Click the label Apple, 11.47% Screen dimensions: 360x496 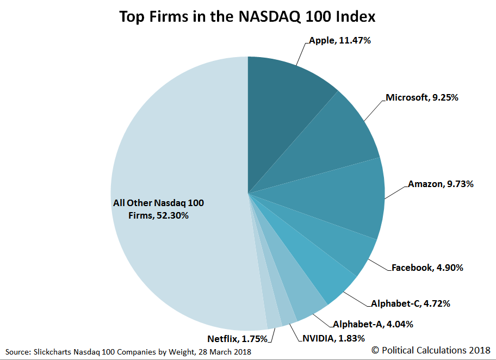[340, 40]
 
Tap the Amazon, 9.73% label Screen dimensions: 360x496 [441, 184]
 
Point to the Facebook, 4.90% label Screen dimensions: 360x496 [427, 268]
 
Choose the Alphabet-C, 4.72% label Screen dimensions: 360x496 [411, 303]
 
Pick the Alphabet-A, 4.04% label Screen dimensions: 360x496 [373, 324]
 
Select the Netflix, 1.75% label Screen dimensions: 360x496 [237, 338]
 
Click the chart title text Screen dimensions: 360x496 [247, 17]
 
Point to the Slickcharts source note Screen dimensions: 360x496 [128, 351]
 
